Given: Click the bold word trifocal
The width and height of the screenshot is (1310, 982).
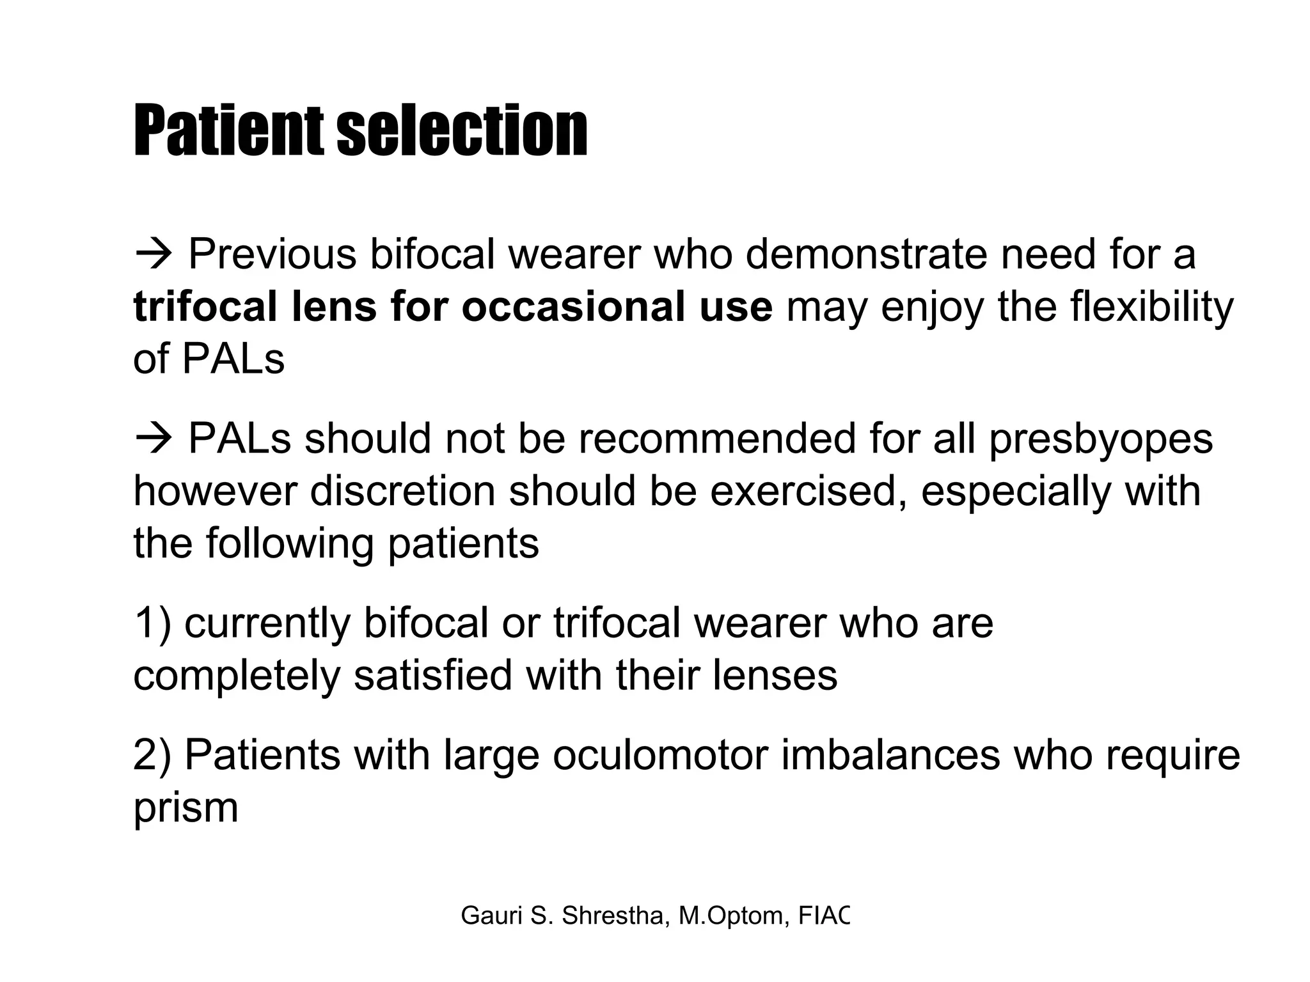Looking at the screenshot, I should click(205, 306).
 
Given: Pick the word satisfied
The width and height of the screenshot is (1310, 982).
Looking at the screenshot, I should click(433, 676).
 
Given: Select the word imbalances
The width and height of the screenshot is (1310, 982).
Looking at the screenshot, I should click(890, 756).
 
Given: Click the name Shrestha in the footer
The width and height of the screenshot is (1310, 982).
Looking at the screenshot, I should click(616, 916).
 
